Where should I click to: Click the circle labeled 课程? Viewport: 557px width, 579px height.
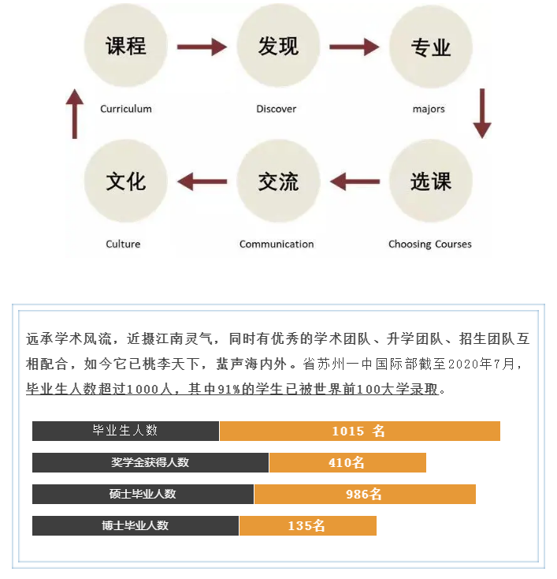[x=126, y=46]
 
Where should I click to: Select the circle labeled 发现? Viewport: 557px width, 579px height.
[x=278, y=46]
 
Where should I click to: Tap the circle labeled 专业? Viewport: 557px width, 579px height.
[x=431, y=47]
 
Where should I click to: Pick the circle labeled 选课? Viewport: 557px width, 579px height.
[x=431, y=181]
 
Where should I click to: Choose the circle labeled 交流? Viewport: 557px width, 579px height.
[x=278, y=181]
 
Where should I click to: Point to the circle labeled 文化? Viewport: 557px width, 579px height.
[x=126, y=181]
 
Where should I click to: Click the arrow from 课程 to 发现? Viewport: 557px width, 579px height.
[x=202, y=47]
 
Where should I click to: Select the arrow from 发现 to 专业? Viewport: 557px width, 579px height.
[x=354, y=47]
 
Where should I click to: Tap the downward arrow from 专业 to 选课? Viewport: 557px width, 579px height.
[x=482, y=114]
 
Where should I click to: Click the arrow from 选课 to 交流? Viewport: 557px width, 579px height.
[x=355, y=181]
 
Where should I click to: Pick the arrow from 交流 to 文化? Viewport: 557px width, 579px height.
[x=202, y=181]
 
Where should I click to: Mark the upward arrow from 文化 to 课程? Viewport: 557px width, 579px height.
[x=75, y=114]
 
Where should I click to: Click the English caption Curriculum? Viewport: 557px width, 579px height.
[x=126, y=109]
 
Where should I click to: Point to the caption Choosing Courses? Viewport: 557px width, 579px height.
[x=430, y=244]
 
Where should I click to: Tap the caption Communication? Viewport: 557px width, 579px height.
[x=277, y=244]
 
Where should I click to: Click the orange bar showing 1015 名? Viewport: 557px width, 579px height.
[x=360, y=431]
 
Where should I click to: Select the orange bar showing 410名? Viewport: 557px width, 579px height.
[x=347, y=462]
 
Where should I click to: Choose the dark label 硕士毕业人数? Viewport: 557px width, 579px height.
[x=143, y=494]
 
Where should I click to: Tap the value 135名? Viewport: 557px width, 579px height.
[x=306, y=525]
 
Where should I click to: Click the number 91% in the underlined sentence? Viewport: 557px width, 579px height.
[x=229, y=389]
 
